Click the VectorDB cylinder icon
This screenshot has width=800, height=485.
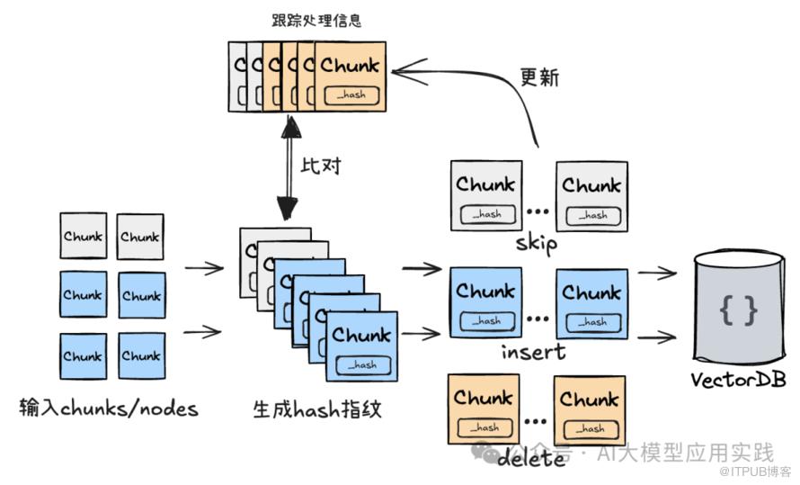(737, 306)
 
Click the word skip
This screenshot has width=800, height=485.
(537, 243)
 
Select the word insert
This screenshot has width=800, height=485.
(534, 350)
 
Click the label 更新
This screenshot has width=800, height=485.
(539, 77)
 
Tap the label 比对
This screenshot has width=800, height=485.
(322, 166)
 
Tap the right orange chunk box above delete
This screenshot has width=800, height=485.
(590, 409)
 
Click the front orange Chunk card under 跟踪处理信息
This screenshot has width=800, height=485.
(350, 76)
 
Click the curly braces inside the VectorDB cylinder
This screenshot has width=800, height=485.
(738, 310)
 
